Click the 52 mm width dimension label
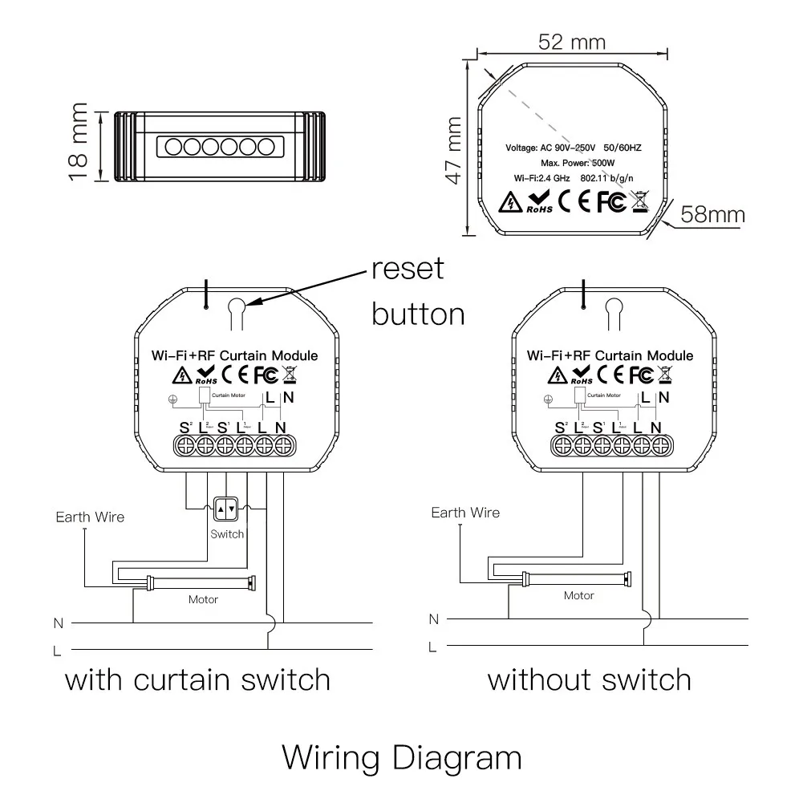(x=571, y=42)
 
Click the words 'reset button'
(x=417, y=290)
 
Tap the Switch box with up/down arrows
(x=226, y=508)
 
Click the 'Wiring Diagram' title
(x=402, y=756)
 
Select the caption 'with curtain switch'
(x=197, y=680)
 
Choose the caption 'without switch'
(x=590, y=680)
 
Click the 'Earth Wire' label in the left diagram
(x=90, y=517)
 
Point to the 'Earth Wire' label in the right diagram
(x=465, y=513)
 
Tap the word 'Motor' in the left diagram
(x=203, y=599)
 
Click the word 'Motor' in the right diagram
(x=578, y=595)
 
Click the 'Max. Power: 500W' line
(x=571, y=163)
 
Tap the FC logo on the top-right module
(x=611, y=201)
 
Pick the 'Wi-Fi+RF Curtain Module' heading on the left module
(x=235, y=355)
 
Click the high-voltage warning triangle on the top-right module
(x=510, y=202)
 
